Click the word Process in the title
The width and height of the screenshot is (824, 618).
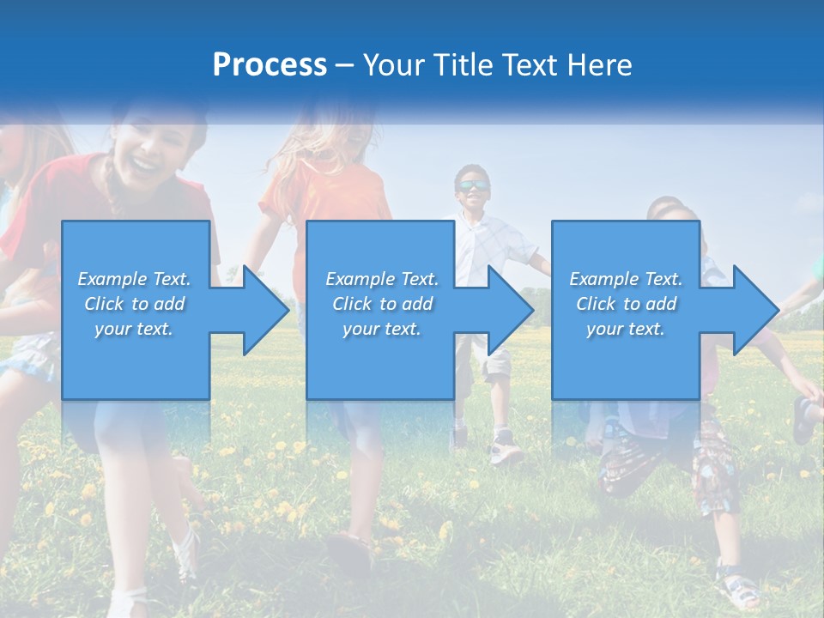[270, 65]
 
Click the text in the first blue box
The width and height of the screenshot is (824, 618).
[135, 304]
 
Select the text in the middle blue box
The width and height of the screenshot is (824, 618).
[382, 304]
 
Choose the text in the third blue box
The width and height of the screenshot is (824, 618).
[626, 304]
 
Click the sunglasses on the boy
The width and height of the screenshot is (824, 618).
[472, 186]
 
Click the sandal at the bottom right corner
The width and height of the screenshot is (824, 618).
[738, 588]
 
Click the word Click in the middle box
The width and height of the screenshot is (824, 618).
[350, 304]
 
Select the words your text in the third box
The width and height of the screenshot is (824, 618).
[626, 329]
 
